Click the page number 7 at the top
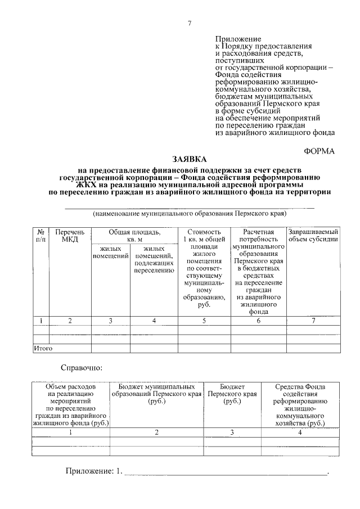[x=190, y=23]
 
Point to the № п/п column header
[x=41, y=236]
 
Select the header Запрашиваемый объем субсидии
[x=313, y=236]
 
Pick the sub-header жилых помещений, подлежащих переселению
[x=154, y=259]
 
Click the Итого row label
[x=43, y=349]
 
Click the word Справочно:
[x=82, y=368]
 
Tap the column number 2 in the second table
[x=157, y=432]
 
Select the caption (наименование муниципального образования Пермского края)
[x=190, y=214]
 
